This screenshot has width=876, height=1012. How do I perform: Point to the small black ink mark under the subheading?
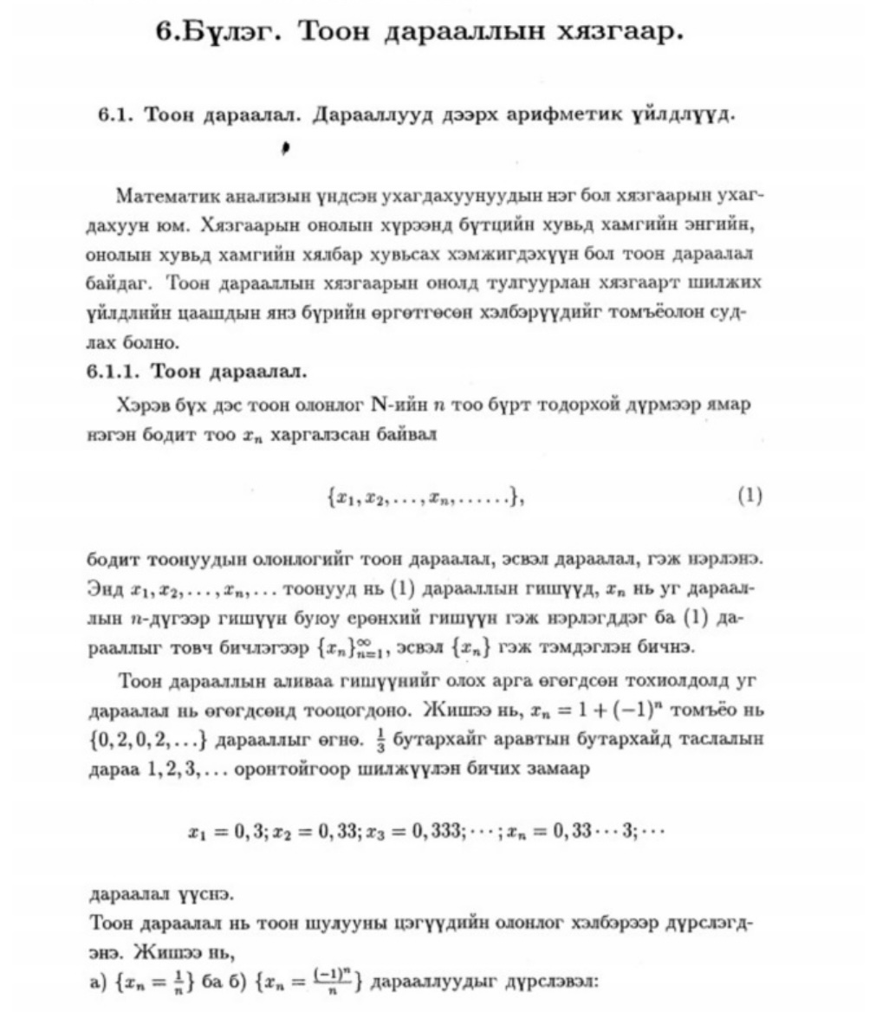click(x=284, y=149)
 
